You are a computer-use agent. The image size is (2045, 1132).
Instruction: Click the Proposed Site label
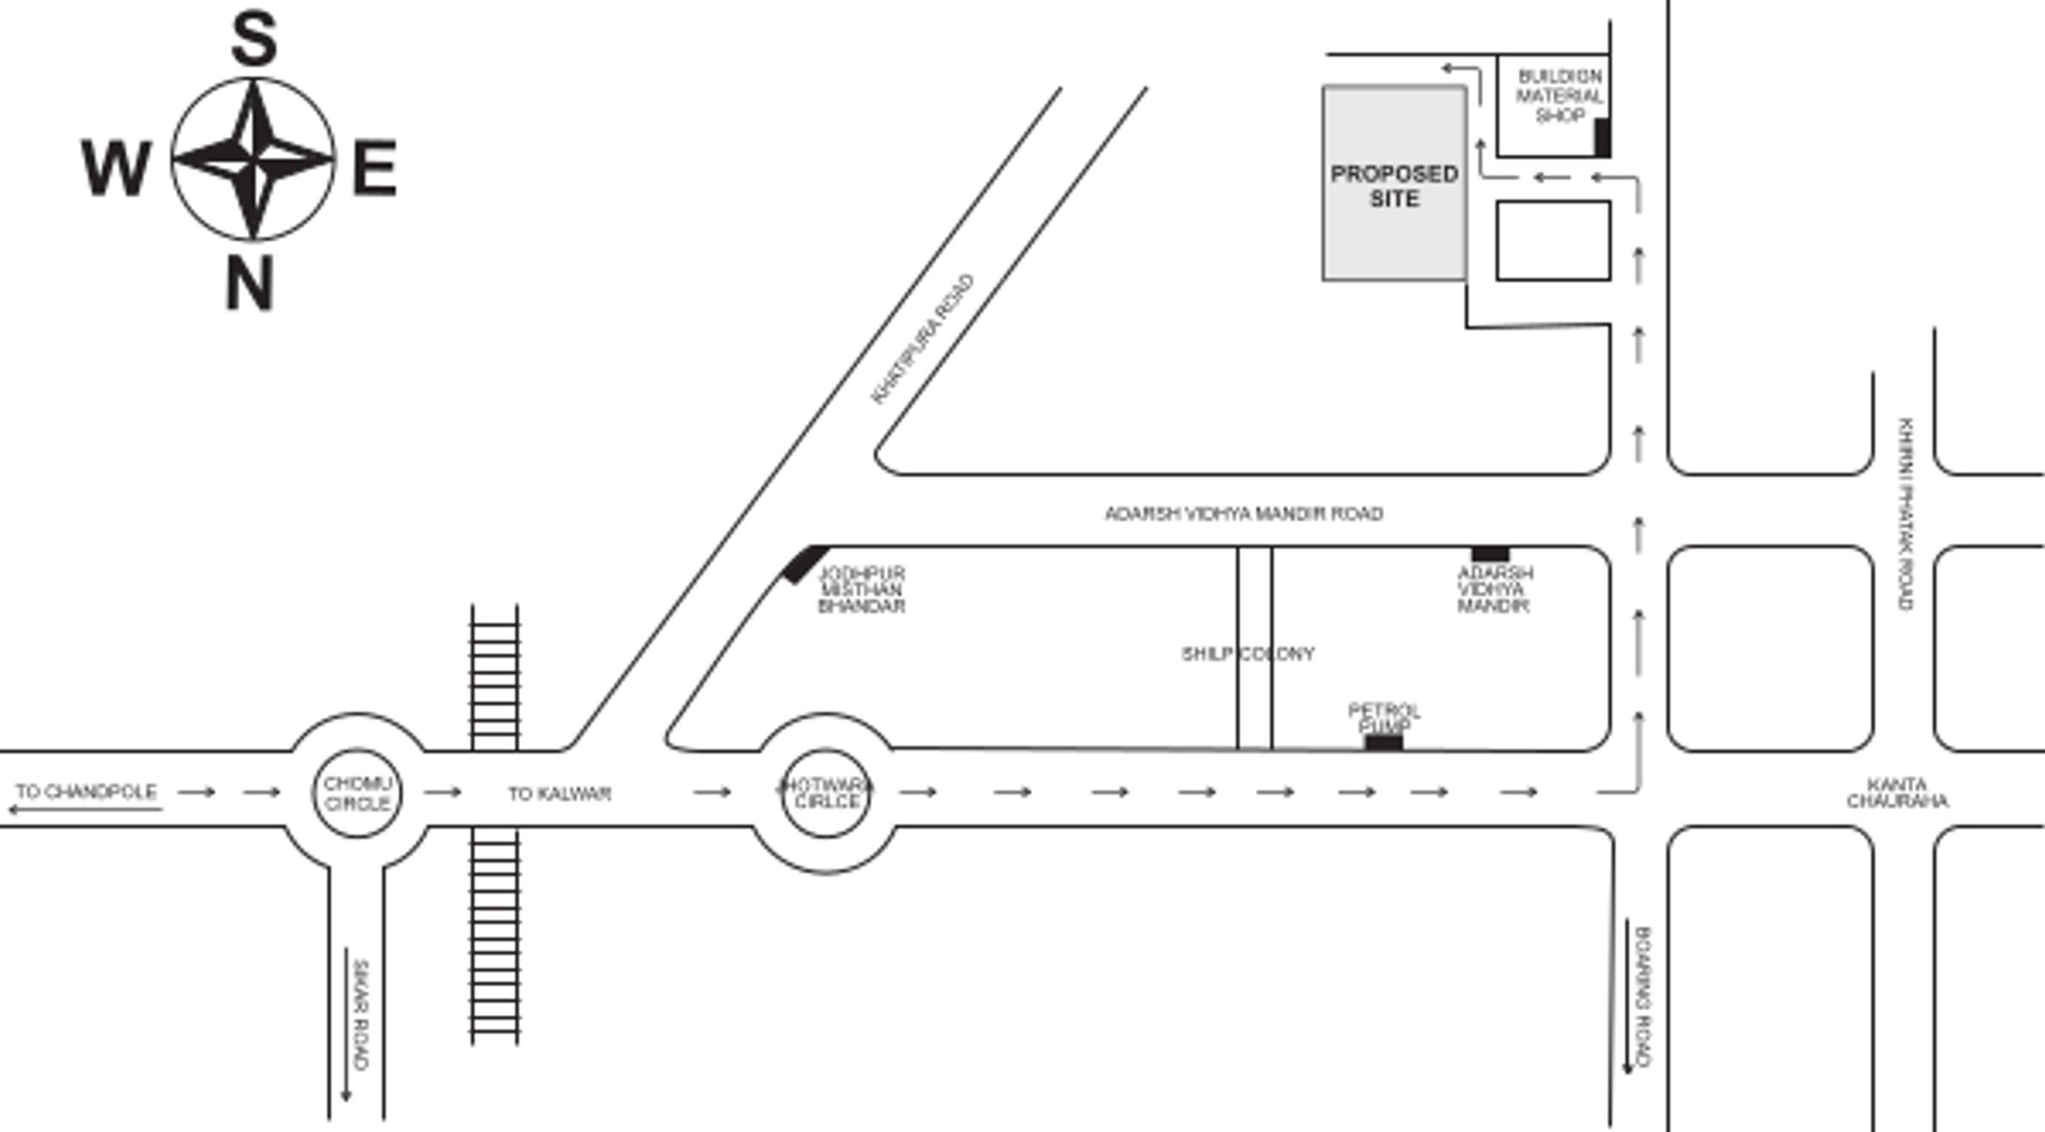[x=1394, y=185]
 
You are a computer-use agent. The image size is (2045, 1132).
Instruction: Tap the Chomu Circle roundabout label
[x=358, y=793]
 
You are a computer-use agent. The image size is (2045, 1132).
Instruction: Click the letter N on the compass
[x=250, y=283]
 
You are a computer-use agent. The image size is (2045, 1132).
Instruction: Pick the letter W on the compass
[x=116, y=168]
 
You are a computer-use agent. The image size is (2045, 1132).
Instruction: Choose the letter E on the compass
[x=375, y=168]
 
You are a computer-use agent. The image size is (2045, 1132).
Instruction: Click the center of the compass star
[x=252, y=159]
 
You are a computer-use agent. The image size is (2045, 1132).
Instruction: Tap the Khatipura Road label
[x=923, y=339]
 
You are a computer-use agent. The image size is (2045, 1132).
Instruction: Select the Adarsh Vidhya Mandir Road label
[x=1244, y=513]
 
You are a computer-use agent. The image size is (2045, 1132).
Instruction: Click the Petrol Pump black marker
[x=1383, y=743]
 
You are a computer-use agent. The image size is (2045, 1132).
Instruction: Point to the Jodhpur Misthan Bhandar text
[x=861, y=589]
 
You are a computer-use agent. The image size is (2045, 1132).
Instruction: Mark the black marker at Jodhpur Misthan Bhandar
[x=805, y=564]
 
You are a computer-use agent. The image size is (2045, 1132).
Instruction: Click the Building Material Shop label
[x=1559, y=96]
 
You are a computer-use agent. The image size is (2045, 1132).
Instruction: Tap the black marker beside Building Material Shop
[x=1603, y=137]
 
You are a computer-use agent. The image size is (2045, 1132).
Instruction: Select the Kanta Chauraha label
[x=1897, y=793]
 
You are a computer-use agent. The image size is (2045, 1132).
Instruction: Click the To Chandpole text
[x=86, y=792]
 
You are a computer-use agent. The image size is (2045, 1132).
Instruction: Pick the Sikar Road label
[x=360, y=1015]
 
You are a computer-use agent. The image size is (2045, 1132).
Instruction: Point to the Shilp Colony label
[x=1247, y=654]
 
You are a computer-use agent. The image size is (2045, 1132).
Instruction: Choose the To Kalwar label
[x=560, y=793]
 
